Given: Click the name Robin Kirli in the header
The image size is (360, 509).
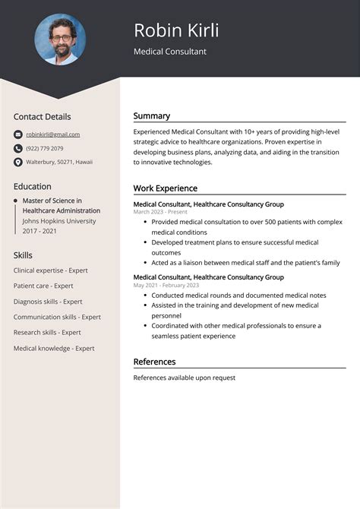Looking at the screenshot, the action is click(x=176, y=30).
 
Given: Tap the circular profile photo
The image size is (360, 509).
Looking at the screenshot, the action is click(x=60, y=39).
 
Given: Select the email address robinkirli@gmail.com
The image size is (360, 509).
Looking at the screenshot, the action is click(x=53, y=134).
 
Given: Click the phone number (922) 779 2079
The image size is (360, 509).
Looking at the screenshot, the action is click(x=45, y=148).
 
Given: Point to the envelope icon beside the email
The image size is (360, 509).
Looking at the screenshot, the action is click(x=18, y=134).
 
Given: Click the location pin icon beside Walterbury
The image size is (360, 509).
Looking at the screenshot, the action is click(x=18, y=163).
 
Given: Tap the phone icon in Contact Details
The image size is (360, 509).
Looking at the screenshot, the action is click(x=18, y=148).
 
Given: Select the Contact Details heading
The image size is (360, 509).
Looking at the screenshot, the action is click(x=42, y=117).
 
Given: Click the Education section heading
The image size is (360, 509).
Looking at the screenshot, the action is click(x=33, y=186).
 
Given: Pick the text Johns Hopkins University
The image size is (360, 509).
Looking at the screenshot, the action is click(x=59, y=221).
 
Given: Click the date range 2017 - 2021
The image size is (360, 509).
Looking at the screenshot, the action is click(x=40, y=231).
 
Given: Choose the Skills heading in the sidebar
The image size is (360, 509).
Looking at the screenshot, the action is click(x=23, y=255).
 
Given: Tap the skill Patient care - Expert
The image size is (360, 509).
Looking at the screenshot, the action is click(x=43, y=286).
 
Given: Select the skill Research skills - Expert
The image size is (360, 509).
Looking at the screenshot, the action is click(x=47, y=332).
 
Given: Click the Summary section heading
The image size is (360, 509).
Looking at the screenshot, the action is click(x=152, y=116).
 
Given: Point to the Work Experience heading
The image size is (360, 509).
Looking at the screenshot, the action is click(x=166, y=188).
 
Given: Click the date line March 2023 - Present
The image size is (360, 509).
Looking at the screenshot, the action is click(x=160, y=212).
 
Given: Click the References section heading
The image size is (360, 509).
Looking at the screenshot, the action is click(x=154, y=362).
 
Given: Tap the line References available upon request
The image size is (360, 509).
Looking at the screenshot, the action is click(x=185, y=378).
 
